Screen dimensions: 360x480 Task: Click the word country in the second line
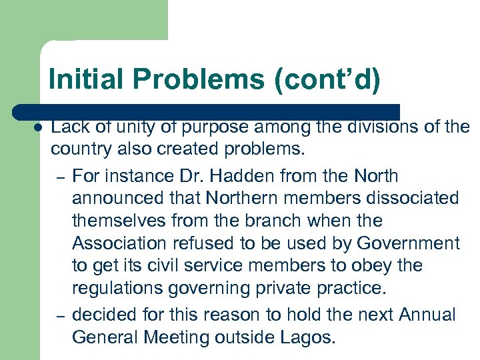pyautogui.click(x=79, y=149)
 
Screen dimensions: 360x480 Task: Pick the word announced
pyautogui.click(x=117, y=199)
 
